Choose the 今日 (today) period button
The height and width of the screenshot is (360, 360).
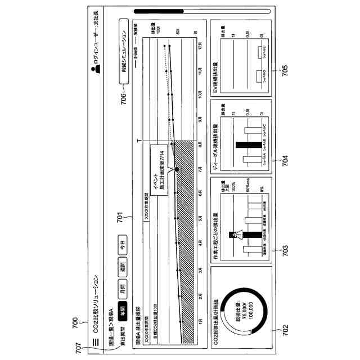coord(122,245)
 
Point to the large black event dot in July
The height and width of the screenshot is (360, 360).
coord(177,168)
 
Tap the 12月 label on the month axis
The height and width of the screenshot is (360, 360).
coord(201,47)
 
